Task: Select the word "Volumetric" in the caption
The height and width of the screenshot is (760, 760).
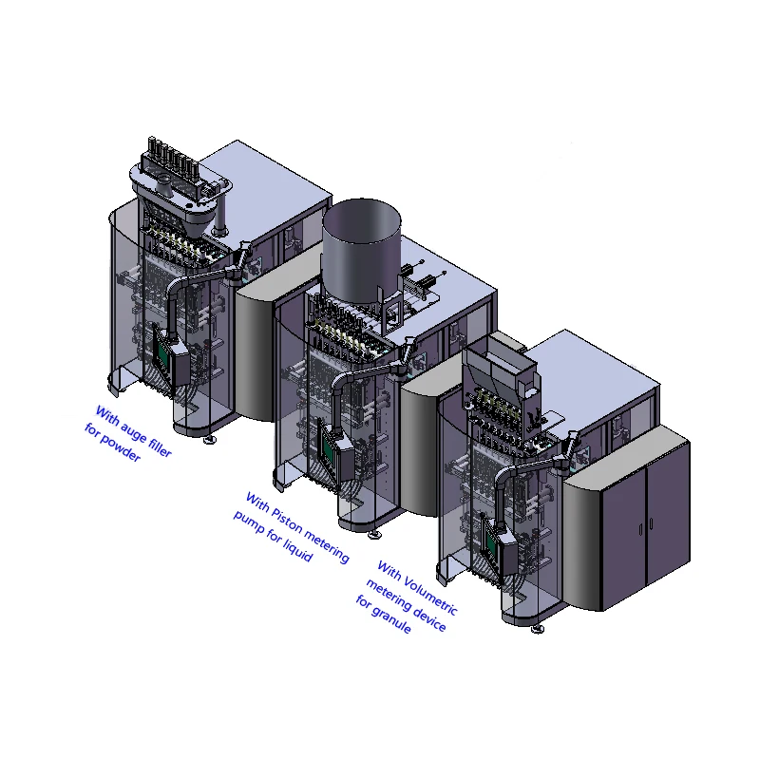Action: point(428,596)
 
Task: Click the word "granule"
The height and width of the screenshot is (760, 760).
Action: point(391,618)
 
